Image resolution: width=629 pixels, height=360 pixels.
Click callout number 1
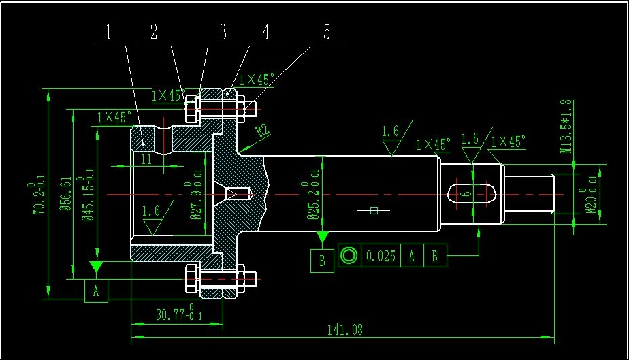tap(109, 32)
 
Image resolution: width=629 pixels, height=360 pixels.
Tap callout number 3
tap(223, 32)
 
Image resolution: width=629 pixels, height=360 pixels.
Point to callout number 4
tap(265, 32)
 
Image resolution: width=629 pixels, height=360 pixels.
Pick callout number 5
tap(327, 32)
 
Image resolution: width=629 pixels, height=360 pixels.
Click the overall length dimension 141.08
tap(345, 330)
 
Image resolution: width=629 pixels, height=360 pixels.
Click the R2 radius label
tap(263, 130)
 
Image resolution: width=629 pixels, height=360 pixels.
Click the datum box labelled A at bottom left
tap(96, 291)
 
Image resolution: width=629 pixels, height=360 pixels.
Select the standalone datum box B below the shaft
tap(322, 260)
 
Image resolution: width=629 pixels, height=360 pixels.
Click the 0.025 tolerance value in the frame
tap(381, 257)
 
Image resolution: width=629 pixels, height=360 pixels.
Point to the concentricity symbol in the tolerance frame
tap(349, 256)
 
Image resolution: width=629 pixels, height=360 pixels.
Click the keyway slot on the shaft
tap(471, 194)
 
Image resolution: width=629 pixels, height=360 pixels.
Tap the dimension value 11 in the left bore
tap(146, 160)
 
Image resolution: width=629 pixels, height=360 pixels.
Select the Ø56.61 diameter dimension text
tap(66, 194)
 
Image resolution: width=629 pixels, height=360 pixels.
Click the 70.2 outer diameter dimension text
tap(38, 197)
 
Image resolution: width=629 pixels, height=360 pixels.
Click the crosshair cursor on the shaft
tap(374, 210)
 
